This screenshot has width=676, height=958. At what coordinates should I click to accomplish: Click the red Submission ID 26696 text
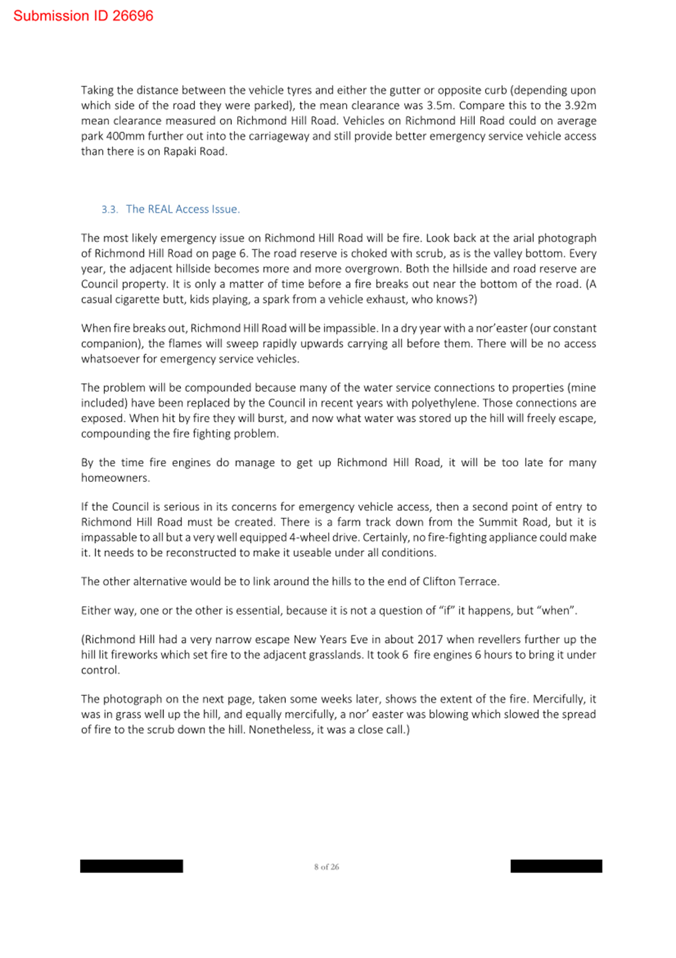(83, 16)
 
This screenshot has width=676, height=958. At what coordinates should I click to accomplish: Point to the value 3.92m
(580, 106)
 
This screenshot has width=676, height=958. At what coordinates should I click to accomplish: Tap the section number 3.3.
(110, 210)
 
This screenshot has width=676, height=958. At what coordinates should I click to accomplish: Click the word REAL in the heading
(160, 209)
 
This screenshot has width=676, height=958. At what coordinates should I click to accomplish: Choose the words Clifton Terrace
(460, 582)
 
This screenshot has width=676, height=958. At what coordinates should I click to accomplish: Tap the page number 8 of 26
(327, 867)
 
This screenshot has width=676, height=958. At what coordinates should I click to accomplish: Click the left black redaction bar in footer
(132, 866)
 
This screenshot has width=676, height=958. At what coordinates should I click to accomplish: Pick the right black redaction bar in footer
(556, 866)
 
